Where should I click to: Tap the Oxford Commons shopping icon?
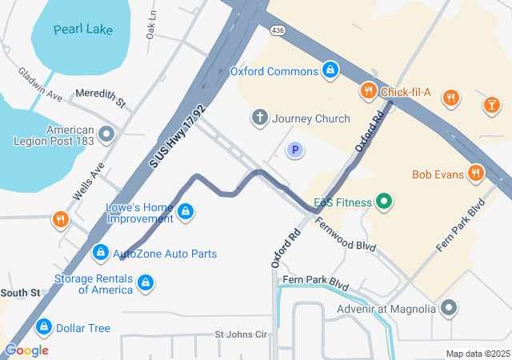[x=330, y=71]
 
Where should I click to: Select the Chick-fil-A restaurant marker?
[x=368, y=92]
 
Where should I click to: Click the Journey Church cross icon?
[x=259, y=118]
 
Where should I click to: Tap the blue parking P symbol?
[x=296, y=150]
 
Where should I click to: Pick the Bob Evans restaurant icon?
[x=477, y=174]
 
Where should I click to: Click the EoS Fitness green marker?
[x=384, y=201]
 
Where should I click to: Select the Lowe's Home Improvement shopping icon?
[x=186, y=212]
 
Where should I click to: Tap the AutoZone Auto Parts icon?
[x=100, y=254]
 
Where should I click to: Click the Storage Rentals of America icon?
[x=145, y=283]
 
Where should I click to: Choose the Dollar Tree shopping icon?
[x=44, y=328]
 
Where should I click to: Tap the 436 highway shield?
[x=278, y=30]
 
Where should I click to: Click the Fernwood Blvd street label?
[x=345, y=235]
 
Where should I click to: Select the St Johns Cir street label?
[x=240, y=334]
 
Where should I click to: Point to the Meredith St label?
[x=101, y=98]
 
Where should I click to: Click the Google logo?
[x=26, y=350]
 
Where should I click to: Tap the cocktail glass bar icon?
[x=490, y=104]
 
